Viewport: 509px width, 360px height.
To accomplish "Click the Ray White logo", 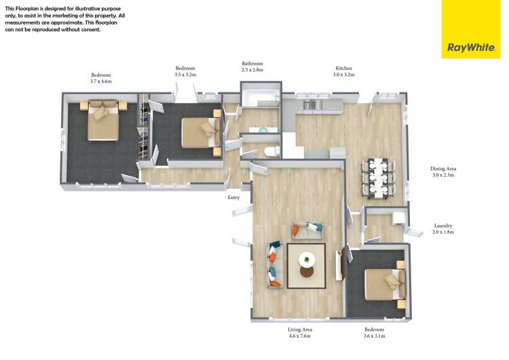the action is (471, 29).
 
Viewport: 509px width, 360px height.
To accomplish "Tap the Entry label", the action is (233, 197).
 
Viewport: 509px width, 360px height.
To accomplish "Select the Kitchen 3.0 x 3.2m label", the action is (344, 71).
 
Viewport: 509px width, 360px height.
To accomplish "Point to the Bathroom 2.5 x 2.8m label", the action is (252, 67).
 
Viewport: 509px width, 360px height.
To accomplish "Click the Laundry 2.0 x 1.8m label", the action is (443, 229).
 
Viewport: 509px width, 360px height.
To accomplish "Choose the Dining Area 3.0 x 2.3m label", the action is (443, 172).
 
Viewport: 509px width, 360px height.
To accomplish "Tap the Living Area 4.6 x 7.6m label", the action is (299, 333).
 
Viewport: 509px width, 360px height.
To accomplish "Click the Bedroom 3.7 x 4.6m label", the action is (101, 78).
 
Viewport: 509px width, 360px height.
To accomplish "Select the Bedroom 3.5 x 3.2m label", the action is (185, 71).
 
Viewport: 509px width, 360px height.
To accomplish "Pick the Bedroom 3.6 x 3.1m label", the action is (374, 333).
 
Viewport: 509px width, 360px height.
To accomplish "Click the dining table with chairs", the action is (379, 179).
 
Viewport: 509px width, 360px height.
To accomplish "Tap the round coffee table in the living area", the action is (307, 259).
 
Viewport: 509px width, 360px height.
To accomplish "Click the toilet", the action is (271, 151).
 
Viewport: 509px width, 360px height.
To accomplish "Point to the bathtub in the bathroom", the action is (261, 96).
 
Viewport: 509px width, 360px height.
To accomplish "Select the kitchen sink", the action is (309, 105).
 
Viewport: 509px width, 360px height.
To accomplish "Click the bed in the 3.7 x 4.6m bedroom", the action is (103, 120).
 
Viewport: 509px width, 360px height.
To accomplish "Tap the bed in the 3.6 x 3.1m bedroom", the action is (385, 285).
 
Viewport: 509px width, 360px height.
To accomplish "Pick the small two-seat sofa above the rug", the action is (307, 230).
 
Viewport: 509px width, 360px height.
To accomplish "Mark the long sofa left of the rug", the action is (275, 264).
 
